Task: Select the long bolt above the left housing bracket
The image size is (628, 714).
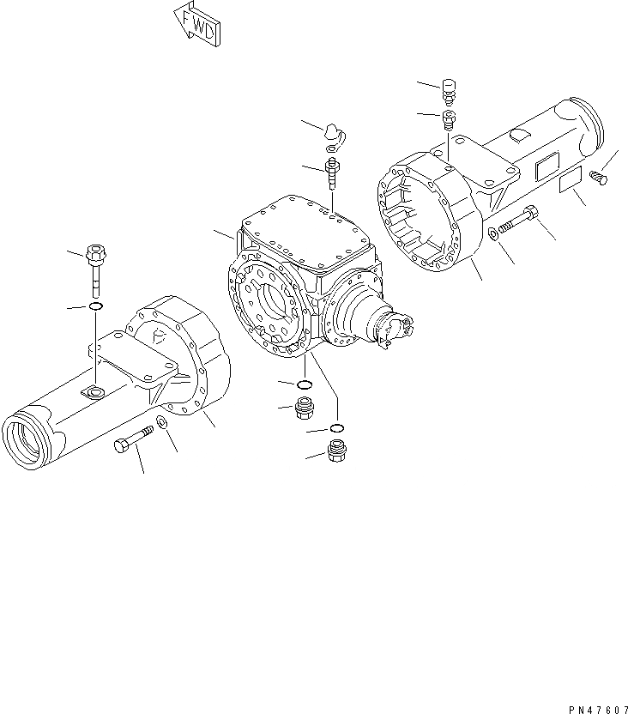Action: (x=95, y=265)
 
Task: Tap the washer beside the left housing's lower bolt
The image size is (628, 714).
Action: (x=162, y=421)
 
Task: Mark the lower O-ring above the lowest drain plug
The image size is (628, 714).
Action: (x=337, y=428)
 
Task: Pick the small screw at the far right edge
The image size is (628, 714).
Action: (x=599, y=178)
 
